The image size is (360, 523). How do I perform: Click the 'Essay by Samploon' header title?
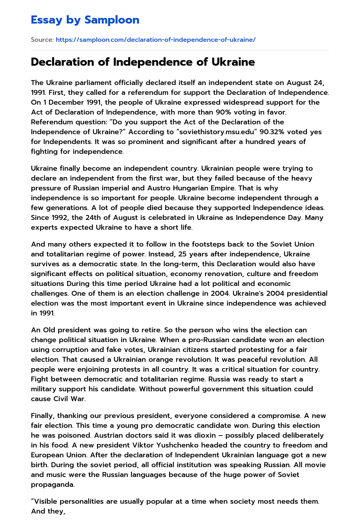[85, 20]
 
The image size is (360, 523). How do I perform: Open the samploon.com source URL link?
[155, 40]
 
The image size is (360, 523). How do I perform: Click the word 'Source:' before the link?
[42, 40]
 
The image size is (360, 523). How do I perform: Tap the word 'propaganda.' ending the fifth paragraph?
[52, 484]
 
